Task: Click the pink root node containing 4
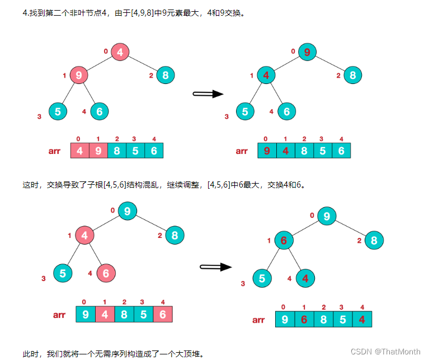coord(120,52)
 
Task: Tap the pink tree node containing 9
coord(79,75)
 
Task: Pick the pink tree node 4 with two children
coord(84,236)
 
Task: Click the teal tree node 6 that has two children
coord(284,241)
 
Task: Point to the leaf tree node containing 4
coord(305,278)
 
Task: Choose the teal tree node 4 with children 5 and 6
coord(266,75)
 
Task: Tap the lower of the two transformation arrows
coord(215,267)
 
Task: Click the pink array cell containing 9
coord(98,151)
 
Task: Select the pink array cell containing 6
coord(163,314)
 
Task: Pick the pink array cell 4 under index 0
coord(79,151)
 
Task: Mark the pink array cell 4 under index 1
coord(105,314)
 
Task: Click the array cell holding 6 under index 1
coord(304,320)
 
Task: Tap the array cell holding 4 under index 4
coord(362,320)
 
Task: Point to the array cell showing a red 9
coord(266,151)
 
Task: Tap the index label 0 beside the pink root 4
coord(106,52)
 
